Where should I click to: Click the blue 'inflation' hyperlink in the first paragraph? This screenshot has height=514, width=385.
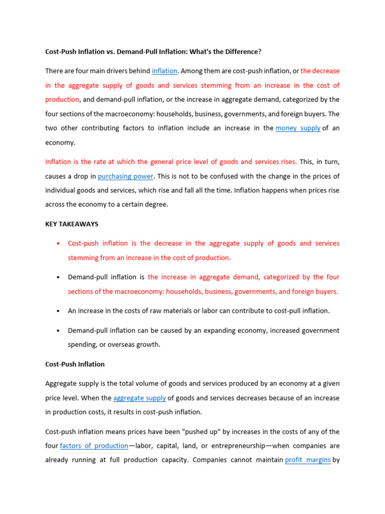(165, 71)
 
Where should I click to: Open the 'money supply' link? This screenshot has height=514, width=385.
(298, 128)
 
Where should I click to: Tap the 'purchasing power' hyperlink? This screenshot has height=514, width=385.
(125, 176)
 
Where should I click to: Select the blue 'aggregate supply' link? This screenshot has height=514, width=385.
(139, 398)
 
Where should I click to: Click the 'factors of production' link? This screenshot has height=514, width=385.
(94, 446)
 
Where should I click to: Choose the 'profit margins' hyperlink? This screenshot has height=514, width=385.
(307, 460)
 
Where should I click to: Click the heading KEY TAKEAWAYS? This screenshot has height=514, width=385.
(72, 224)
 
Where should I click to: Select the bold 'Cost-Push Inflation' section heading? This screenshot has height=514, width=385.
(75, 364)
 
